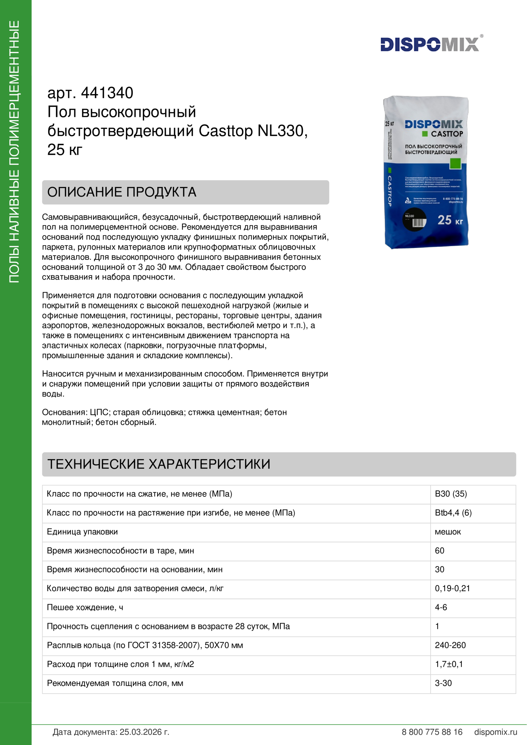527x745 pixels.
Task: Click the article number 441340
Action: (x=107, y=93)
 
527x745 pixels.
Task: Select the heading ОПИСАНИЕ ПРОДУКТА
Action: (x=122, y=192)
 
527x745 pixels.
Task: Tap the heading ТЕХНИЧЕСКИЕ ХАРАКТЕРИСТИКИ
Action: (x=159, y=464)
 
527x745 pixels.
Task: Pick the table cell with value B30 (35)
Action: (x=451, y=494)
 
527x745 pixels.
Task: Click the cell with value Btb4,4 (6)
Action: (x=453, y=513)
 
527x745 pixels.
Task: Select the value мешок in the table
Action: (x=448, y=532)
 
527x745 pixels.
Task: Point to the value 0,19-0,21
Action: (x=452, y=588)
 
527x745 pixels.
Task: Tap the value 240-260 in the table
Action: (x=450, y=645)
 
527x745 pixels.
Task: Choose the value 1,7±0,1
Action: (x=449, y=664)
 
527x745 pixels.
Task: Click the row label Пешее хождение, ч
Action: (x=85, y=607)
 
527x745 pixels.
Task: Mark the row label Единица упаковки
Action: (x=82, y=532)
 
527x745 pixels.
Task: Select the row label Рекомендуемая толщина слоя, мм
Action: (x=115, y=683)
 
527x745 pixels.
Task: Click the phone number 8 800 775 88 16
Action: (x=432, y=732)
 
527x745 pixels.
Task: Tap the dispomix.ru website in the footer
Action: (x=495, y=732)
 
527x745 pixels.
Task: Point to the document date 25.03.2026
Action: (x=144, y=732)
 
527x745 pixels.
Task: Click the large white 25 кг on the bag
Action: (x=450, y=220)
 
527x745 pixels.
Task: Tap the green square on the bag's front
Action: (x=455, y=163)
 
